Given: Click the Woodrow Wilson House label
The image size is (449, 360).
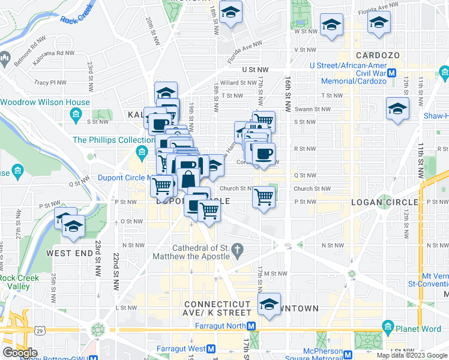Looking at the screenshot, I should coord(47,102).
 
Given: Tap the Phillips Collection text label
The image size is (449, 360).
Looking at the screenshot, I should coord(105,140).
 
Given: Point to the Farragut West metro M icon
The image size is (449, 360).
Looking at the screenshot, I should coord(211,349).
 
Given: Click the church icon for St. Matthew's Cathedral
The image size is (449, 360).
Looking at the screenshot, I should coord(238,248).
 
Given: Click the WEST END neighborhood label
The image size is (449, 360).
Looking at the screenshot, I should coord(70,253).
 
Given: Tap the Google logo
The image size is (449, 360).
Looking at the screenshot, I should coord(20,353).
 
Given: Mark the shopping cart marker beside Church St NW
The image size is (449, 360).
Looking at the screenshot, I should coord(264,196).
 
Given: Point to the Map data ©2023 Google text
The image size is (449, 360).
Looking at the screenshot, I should coord(412,355).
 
